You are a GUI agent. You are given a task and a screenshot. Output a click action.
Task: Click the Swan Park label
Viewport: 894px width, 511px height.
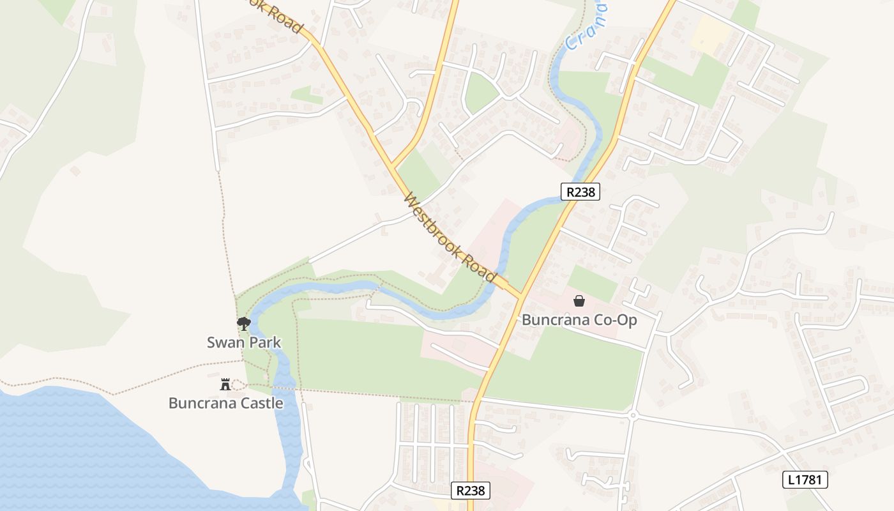244,342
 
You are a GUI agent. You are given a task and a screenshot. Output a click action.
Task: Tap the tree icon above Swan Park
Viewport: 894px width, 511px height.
243,324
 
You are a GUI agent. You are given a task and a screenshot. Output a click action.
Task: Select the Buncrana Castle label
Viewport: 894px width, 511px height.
225,403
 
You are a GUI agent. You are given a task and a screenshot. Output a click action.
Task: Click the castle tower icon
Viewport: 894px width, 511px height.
225,384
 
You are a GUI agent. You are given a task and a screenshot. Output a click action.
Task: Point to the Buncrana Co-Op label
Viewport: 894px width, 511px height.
579,320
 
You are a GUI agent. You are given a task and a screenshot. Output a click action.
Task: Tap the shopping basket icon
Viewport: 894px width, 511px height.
579,301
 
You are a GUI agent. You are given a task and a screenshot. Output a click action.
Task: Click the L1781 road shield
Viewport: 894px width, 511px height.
805,480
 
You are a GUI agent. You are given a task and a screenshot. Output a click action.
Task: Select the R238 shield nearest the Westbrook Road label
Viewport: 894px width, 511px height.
580,192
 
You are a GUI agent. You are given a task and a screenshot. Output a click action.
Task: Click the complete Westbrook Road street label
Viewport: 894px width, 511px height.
450,237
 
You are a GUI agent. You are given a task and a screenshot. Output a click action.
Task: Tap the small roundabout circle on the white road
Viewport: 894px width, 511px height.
633,415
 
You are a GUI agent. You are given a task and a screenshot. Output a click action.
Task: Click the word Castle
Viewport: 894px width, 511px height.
258,403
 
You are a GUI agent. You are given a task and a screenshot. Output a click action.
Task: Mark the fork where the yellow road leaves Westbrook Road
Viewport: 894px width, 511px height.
393,167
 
